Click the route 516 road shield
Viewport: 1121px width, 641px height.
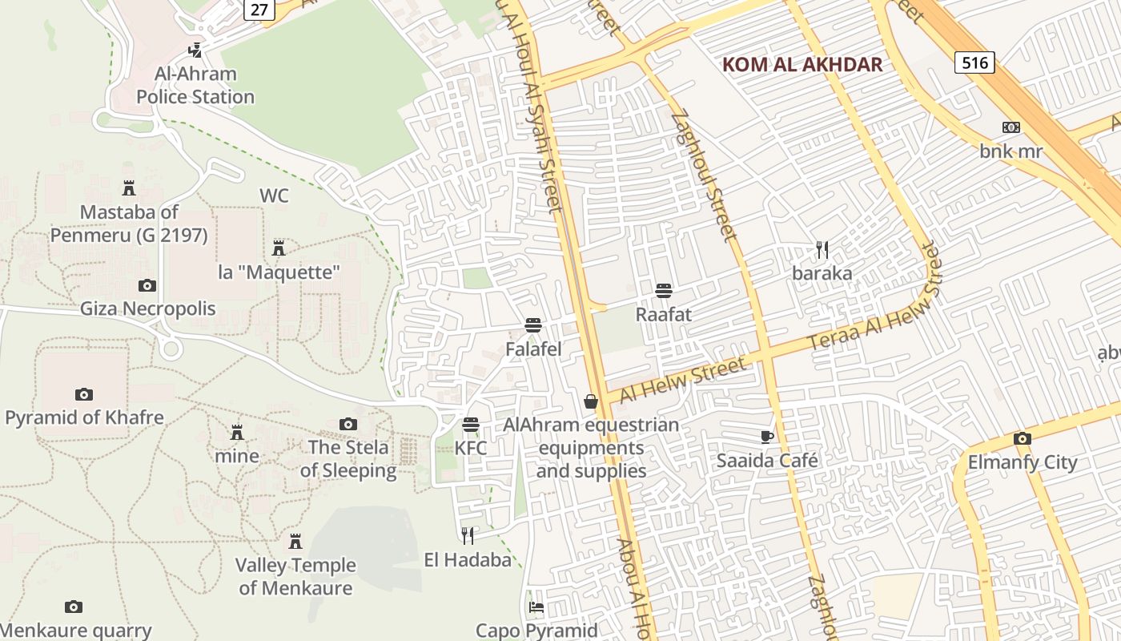tap(974, 62)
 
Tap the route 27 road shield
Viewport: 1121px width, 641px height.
tap(259, 9)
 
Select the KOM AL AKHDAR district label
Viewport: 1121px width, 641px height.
tap(802, 65)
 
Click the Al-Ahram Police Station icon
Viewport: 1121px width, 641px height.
tap(195, 50)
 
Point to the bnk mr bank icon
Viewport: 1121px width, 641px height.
tap(1011, 127)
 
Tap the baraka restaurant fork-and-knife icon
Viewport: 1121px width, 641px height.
tap(822, 250)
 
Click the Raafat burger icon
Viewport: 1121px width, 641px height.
tap(663, 291)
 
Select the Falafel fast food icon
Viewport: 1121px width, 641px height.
tap(533, 325)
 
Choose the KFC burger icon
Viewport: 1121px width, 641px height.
tap(471, 425)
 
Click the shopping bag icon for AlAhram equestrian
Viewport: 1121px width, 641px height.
tap(591, 401)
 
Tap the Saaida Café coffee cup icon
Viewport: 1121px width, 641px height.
tap(767, 437)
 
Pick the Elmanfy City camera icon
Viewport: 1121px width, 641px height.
tap(1023, 439)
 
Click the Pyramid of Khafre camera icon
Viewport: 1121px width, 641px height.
tap(84, 394)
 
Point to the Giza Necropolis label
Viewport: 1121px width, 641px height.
tap(148, 308)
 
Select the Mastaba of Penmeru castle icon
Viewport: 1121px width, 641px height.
tap(129, 189)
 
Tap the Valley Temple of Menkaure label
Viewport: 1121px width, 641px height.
tap(295, 576)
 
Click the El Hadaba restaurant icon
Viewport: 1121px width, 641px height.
tap(468, 535)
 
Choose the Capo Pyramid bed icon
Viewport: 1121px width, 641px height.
tap(536, 607)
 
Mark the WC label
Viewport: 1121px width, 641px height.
tap(274, 196)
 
